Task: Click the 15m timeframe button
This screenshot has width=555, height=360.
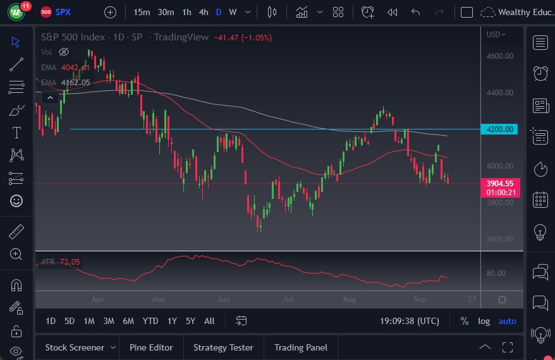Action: coord(142,12)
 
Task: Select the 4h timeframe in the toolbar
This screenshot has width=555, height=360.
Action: coord(203,12)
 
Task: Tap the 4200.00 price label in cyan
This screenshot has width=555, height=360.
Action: coord(499,129)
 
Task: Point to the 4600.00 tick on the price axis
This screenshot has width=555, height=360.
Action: coord(499,56)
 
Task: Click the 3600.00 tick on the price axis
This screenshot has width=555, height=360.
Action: coord(499,239)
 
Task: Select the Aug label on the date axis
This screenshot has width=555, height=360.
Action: coord(348,299)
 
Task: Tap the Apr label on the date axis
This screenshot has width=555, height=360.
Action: coord(98,299)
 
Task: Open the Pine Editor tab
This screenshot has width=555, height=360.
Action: coord(152,347)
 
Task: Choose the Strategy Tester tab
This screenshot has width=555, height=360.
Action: coord(223,347)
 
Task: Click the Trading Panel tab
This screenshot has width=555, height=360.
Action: coord(300,347)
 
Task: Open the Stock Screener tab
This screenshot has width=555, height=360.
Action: coord(74,347)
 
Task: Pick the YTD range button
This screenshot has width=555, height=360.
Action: coord(150,321)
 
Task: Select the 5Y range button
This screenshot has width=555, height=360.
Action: coord(190,321)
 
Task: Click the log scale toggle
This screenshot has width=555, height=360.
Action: coord(484,321)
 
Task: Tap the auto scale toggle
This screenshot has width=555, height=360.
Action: coord(507,321)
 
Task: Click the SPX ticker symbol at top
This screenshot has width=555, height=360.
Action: coord(63,12)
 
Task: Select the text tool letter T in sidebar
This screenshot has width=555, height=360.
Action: coord(16,133)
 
